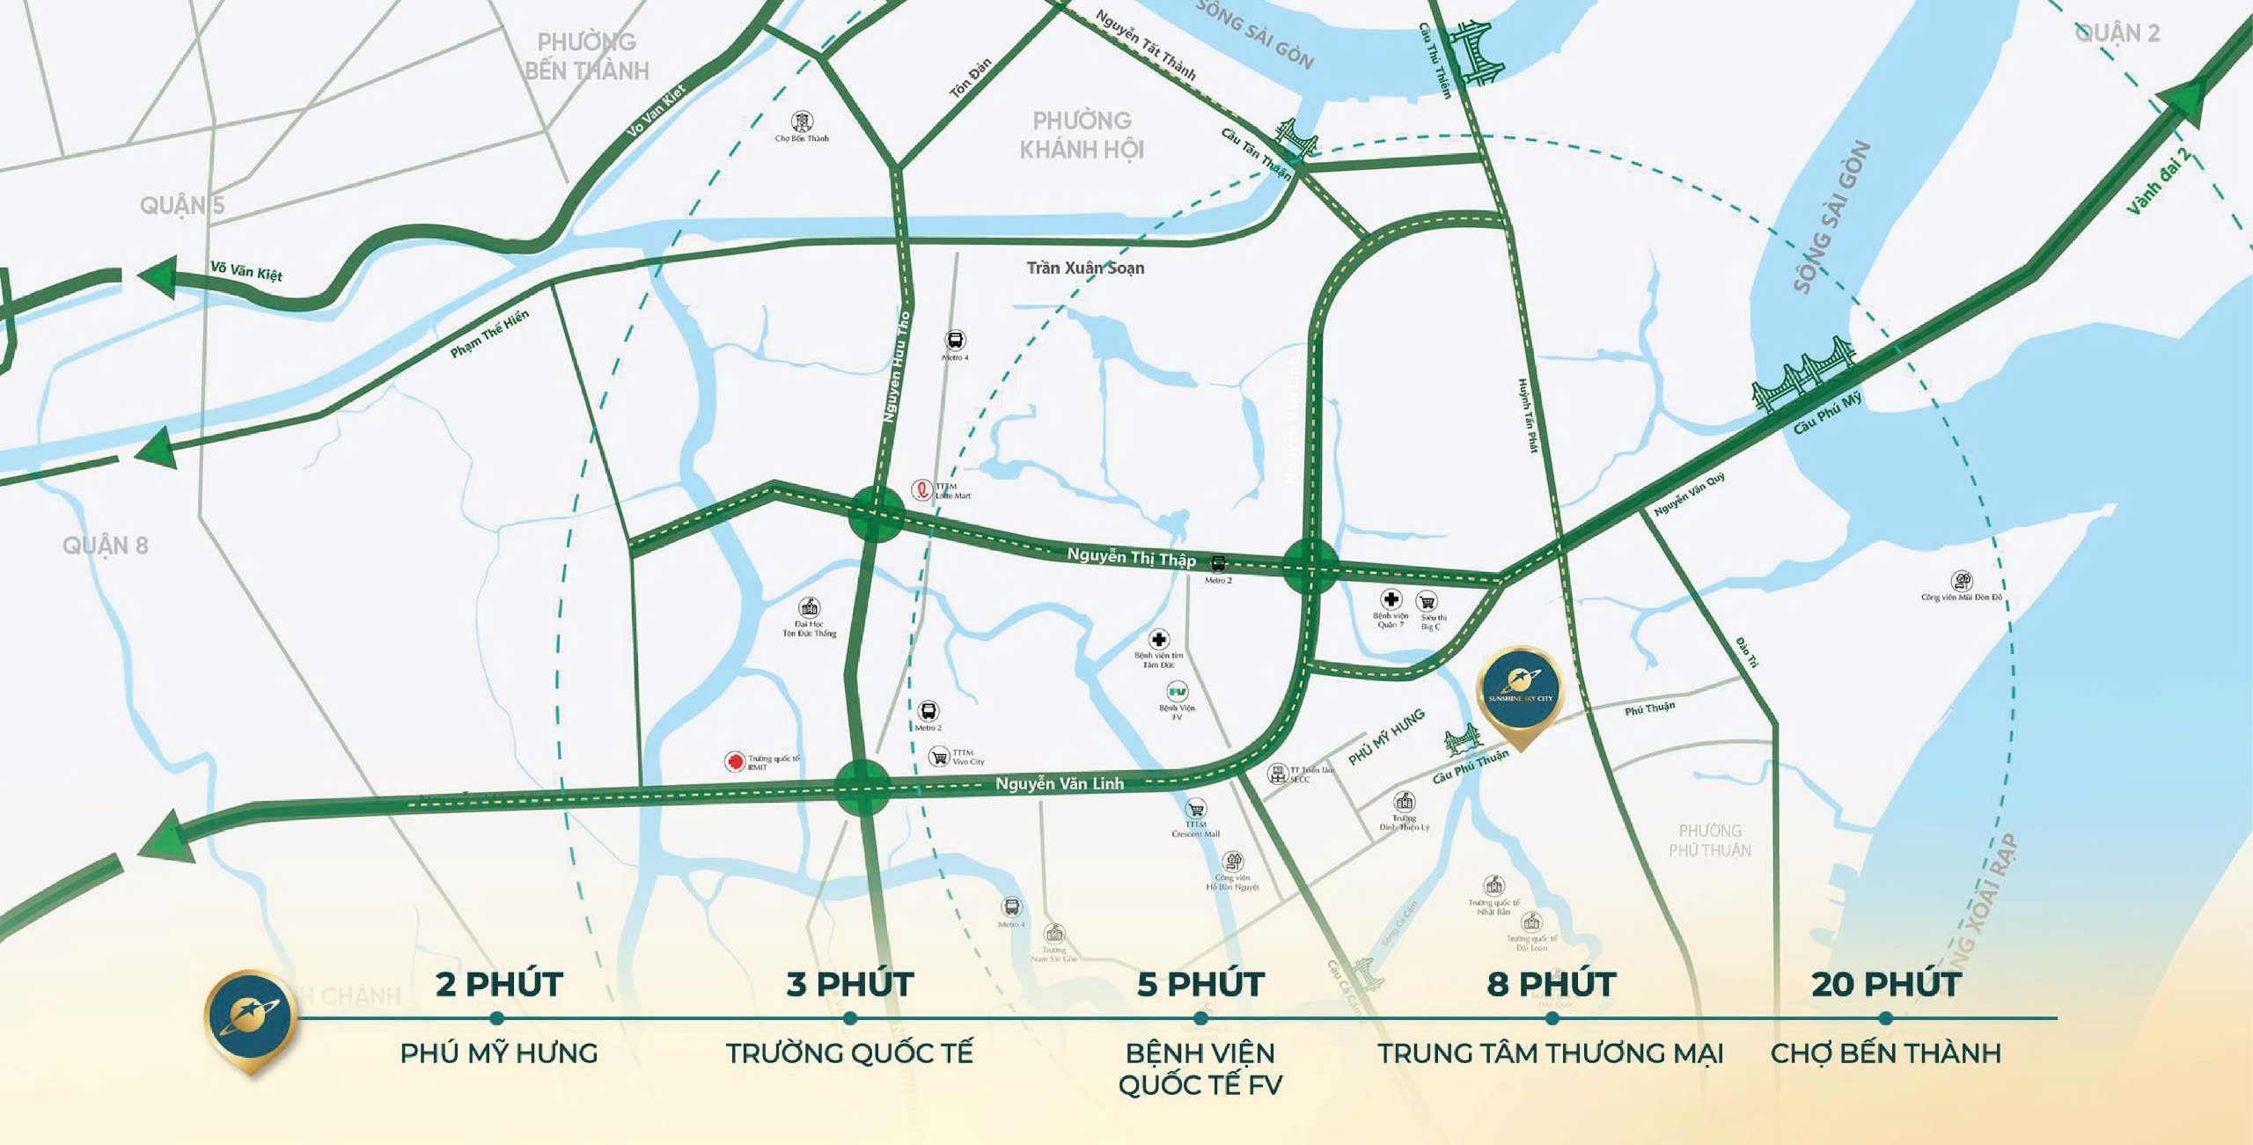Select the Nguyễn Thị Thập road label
click(x=1131, y=556)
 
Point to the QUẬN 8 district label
click(x=105, y=546)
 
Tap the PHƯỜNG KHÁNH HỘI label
click(x=1082, y=135)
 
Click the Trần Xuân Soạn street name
click(x=1085, y=268)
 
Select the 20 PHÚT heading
click(x=1885, y=984)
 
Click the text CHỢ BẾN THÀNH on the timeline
click(x=1885, y=1053)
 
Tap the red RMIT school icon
click(x=734, y=761)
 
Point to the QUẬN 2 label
click(x=2116, y=33)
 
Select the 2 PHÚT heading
click(x=498, y=984)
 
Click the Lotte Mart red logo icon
click(x=921, y=489)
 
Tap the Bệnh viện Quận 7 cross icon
click(x=1391, y=599)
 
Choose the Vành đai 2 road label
click(x=2158, y=183)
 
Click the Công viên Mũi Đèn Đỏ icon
click(x=1961, y=581)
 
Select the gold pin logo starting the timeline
click(x=250, y=1019)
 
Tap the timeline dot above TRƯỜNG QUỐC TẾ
click(x=849, y=1018)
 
